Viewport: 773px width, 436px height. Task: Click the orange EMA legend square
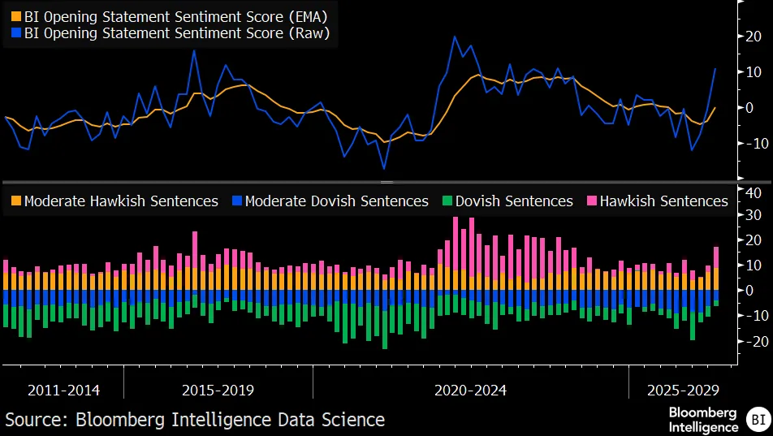(x=16, y=15)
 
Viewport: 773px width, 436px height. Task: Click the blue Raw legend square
(x=16, y=33)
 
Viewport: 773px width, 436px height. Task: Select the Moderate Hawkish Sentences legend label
(x=121, y=201)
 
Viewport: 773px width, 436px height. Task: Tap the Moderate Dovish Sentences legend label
(x=336, y=201)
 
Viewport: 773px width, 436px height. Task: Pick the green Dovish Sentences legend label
(x=514, y=201)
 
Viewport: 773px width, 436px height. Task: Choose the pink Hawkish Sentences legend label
(x=663, y=201)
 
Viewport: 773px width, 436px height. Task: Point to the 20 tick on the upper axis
(x=754, y=37)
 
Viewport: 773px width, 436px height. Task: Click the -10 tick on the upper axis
(x=752, y=144)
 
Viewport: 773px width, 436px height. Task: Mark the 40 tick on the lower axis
(x=754, y=192)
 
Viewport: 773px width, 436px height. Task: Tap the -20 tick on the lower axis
(x=752, y=341)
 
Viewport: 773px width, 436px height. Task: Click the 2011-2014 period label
(x=63, y=391)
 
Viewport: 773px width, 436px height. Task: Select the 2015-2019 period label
(x=218, y=391)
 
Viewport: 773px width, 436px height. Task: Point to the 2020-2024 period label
(x=470, y=391)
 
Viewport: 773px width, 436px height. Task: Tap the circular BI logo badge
(x=757, y=420)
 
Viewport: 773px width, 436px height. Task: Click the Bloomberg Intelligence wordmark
(x=702, y=419)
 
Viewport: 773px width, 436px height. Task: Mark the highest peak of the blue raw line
(x=455, y=37)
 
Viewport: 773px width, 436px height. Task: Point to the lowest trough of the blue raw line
(x=384, y=169)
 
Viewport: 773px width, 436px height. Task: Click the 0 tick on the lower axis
(x=754, y=291)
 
